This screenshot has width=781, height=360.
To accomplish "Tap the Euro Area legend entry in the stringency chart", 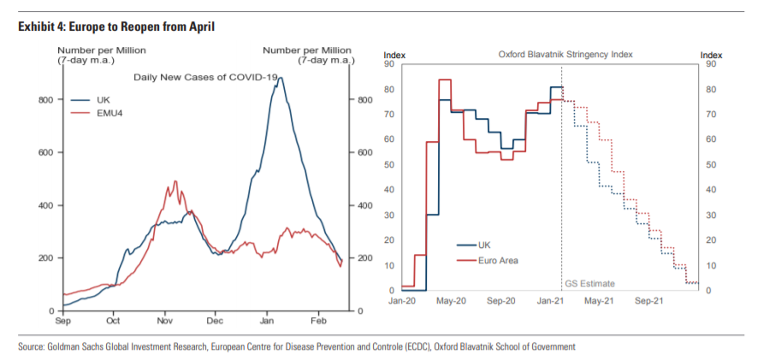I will click(499, 260).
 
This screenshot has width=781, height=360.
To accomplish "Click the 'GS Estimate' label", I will click(590, 283).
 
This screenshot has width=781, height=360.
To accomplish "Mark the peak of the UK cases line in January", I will click(280, 78).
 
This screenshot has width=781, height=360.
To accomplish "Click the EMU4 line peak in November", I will click(175, 181).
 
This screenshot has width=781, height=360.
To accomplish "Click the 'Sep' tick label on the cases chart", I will click(62, 322).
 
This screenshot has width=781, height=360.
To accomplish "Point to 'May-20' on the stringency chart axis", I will click(451, 301).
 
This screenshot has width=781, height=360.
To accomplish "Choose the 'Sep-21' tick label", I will click(651, 301).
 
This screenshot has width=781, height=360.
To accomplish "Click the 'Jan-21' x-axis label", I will click(551, 301).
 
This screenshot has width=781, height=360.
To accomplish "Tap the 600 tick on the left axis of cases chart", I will click(45, 153).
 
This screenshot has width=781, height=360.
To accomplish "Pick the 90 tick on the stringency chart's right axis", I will click(709, 64).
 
